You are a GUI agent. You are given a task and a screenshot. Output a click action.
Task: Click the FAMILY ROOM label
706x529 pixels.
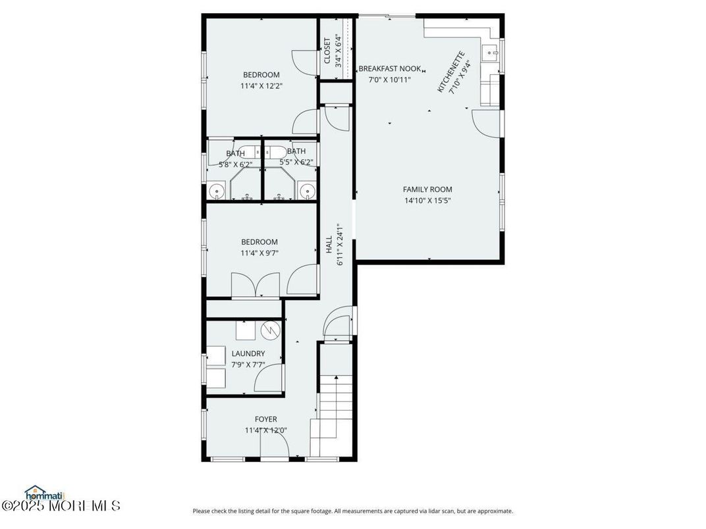(427, 189)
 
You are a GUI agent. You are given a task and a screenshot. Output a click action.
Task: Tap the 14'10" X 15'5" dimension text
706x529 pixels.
(427, 201)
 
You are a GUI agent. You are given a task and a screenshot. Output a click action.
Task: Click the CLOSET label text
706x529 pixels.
(327, 51)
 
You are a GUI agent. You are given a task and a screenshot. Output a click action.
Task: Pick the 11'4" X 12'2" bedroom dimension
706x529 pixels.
(261, 86)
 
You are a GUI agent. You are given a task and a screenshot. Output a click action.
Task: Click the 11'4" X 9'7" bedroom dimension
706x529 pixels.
(259, 253)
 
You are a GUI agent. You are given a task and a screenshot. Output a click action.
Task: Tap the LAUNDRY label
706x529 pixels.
(248, 353)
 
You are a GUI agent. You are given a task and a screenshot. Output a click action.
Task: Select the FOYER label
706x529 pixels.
(266, 419)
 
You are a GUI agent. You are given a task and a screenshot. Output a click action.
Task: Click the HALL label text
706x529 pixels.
(329, 244)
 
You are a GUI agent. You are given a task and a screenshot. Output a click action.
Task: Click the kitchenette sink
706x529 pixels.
(491, 53)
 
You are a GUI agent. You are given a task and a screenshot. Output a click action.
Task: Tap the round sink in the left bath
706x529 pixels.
(216, 191)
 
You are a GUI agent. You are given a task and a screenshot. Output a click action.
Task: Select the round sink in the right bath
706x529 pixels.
(306, 191)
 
